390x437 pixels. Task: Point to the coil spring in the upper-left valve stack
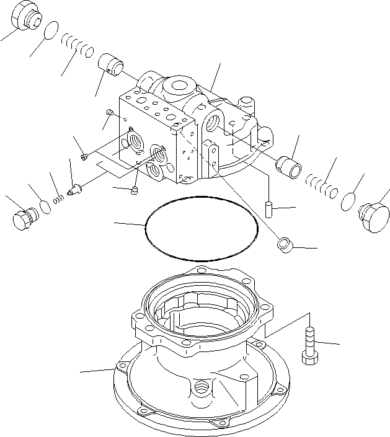78,45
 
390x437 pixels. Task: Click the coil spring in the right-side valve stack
321,184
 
